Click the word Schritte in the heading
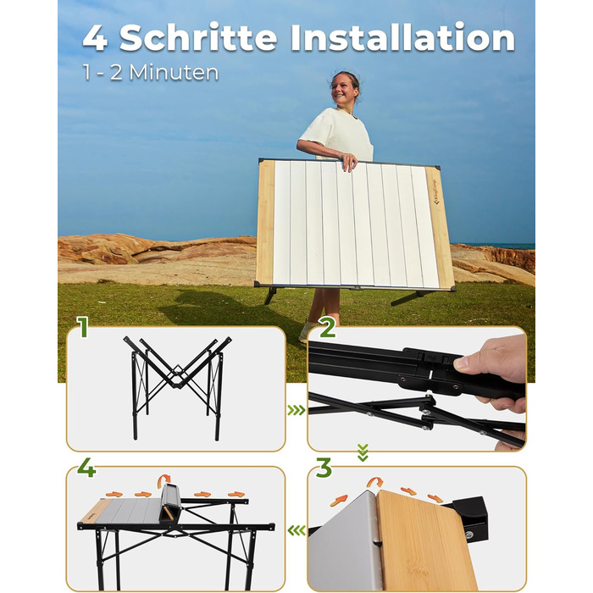click(198, 37)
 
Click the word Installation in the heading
click(402, 36)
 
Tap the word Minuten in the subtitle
click(174, 72)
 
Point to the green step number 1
click(83, 327)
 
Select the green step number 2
click(327, 327)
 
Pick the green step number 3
click(324, 468)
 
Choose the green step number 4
click(86, 468)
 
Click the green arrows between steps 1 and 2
click(296, 410)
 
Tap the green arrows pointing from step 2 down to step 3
click(363, 452)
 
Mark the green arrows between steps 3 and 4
click(296, 530)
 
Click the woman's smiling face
click(343, 90)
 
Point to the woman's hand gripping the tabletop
click(349, 161)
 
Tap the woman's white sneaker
click(307, 332)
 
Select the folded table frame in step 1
click(177, 388)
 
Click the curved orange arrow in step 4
click(164, 480)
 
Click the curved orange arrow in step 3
click(374, 482)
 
